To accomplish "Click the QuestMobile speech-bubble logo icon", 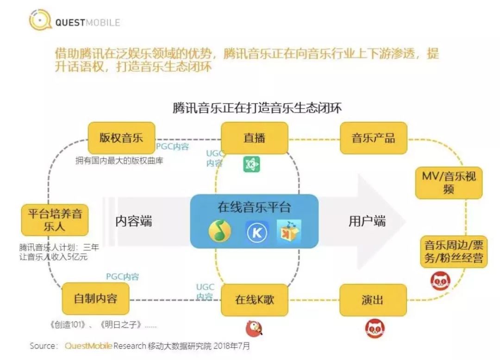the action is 40,20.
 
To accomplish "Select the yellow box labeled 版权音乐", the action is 121,138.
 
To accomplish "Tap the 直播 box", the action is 255,138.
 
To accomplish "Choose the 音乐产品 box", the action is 374,138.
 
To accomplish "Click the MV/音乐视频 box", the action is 449,183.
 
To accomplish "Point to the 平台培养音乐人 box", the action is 55,220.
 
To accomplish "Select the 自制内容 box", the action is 95,299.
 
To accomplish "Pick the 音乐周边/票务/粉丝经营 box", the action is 453,252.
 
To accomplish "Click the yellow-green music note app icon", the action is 220,231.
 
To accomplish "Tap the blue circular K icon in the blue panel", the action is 257,232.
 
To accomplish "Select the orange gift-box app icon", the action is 289,230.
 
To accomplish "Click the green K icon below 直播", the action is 251,164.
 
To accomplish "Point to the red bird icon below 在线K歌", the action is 254,328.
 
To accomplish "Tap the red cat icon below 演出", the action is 375,328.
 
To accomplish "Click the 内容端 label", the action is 134,221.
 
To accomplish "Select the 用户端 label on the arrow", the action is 367,221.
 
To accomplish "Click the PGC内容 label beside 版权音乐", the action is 173,146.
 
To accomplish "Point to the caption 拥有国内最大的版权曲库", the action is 119,160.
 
